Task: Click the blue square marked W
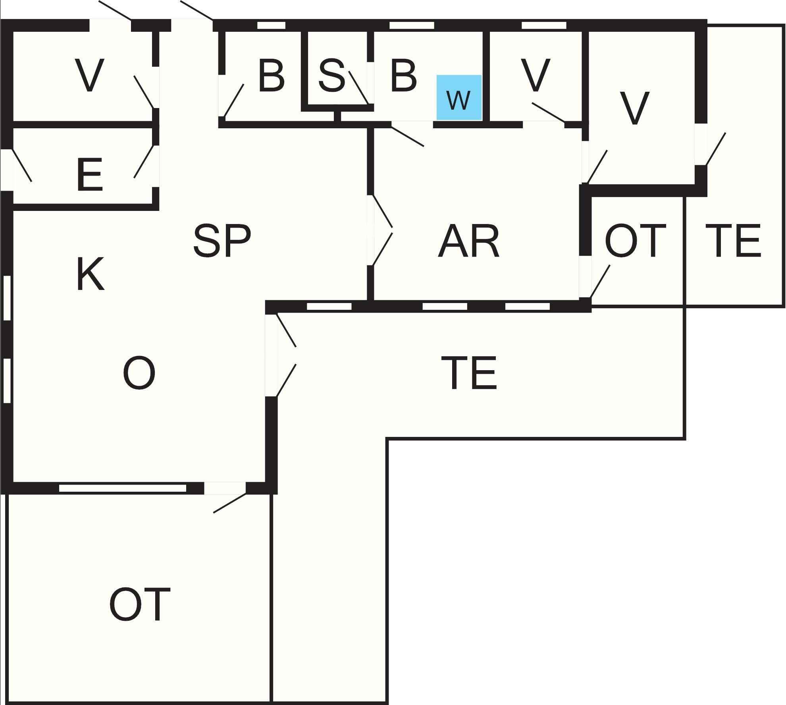(459, 97)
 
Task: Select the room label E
(90, 174)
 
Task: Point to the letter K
(90, 274)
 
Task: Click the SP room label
(222, 240)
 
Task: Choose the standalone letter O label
(139, 373)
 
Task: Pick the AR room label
(468, 241)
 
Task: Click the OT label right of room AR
(635, 240)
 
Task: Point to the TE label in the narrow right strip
(733, 241)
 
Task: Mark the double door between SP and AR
(377, 230)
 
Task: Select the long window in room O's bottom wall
(122, 488)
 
